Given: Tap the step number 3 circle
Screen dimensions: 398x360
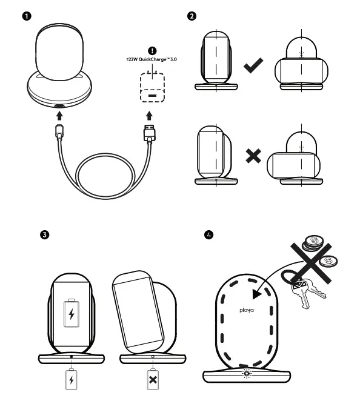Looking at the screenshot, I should (x=44, y=234).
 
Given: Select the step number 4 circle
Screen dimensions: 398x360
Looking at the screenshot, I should (x=209, y=234).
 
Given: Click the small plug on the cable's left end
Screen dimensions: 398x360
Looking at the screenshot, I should (x=59, y=131).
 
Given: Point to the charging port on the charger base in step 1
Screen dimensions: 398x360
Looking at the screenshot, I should (x=59, y=107).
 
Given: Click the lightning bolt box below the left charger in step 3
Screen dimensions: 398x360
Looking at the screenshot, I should (x=72, y=380).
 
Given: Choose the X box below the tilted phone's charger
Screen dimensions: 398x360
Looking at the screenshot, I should (x=153, y=380).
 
